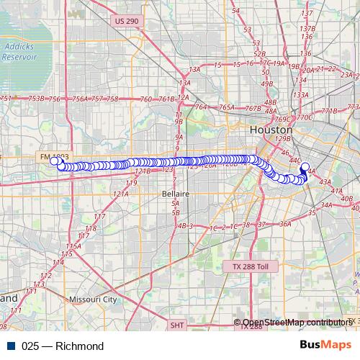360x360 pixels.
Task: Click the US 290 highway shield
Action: [126, 22]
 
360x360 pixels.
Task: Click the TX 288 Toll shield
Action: [250, 266]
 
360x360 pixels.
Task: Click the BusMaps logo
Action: [329, 346]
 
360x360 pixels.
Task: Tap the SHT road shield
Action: [178, 325]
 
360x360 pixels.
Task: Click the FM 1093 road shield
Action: [53, 156]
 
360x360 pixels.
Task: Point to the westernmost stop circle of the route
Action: [54, 161]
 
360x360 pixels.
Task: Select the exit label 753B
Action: [35, 99]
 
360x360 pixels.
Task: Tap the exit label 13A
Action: [194, 70]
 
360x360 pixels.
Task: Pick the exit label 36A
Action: [285, 224]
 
